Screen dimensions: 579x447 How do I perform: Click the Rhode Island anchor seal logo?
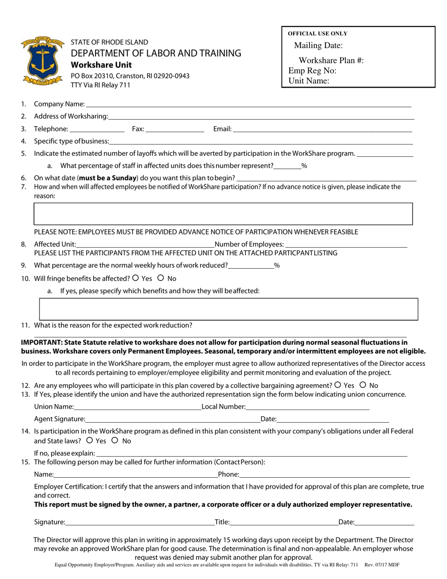42,61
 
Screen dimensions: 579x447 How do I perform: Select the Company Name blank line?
248,105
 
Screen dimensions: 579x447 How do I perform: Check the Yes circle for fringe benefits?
136,278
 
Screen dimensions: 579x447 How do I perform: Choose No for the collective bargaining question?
363,385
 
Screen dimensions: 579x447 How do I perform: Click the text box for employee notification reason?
223,214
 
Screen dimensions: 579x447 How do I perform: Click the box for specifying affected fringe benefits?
228,309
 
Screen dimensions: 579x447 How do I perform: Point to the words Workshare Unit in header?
101,65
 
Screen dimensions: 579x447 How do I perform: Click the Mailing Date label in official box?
318,46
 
